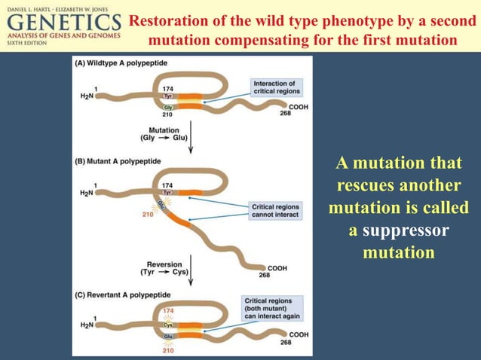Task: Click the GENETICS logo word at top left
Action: click(63, 23)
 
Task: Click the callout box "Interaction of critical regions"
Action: click(276, 87)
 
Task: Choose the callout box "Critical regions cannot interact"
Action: click(275, 211)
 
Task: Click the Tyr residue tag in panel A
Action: click(167, 96)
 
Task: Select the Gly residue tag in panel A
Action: click(167, 108)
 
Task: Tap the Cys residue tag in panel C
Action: click(167, 325)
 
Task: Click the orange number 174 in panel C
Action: click(167, 310)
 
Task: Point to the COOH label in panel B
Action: click(277, 267)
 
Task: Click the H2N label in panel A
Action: click(86, 97)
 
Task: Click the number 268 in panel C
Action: click(285, 343)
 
